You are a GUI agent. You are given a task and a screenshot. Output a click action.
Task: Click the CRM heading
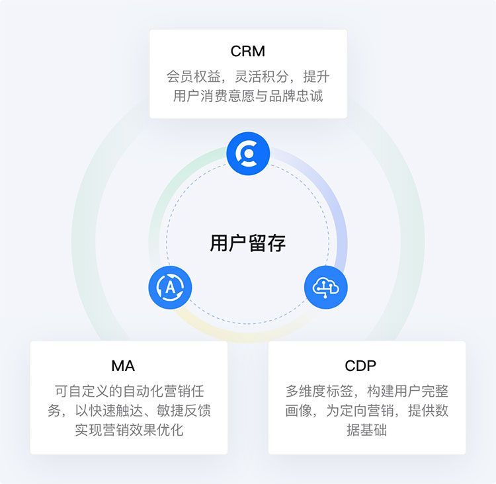tap(248, 51)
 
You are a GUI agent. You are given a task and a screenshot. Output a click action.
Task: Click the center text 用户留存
tap(248, 243)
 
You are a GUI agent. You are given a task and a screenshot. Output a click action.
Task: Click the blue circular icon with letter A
tap(170, 288)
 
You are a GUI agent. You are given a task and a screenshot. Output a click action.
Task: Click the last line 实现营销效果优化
tap(129, 430)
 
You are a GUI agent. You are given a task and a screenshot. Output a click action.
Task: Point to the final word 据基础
tap(366, 430)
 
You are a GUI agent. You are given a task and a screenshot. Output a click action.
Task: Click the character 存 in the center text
tap(277, 243)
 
